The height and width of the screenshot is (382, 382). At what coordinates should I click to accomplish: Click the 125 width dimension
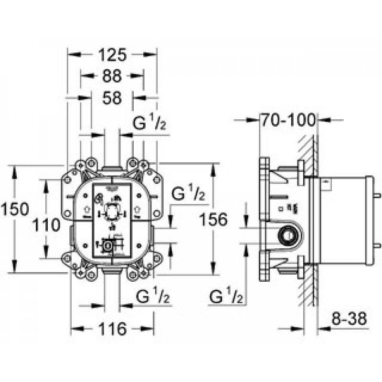click(x=112, y=55)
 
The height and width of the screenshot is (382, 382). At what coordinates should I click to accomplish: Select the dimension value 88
click(x=111, y=76)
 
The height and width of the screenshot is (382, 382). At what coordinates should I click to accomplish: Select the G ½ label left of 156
click(x=188, y=194)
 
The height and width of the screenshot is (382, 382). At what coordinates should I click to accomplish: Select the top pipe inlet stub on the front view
click(x=112, y=168)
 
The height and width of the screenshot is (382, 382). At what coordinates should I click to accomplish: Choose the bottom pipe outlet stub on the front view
click(x=112, y=271)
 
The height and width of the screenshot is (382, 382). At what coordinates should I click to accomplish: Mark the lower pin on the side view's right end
click(x=377, y=245)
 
